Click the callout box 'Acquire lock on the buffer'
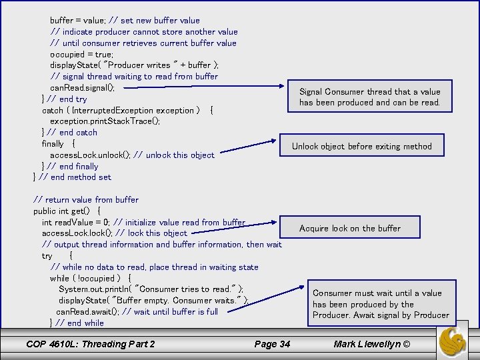pos(349,228)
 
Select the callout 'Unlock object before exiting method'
pos(361,146)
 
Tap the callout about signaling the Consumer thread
pos(369,97)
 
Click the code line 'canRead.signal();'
pos(82,88)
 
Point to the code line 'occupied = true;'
pos(81,54)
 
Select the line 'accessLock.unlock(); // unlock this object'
pos(132,155)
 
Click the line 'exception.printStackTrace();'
pos(105,121)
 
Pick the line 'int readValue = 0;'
pos(143,222)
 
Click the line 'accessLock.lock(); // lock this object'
pos(114,233)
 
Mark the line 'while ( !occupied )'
pos(90,278)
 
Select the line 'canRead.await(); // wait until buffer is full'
pos(137,311)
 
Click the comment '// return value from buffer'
pos(86,199)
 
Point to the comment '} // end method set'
pos(72,177)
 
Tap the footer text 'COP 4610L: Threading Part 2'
pos(90,344)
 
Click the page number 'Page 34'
pos(272,344)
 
